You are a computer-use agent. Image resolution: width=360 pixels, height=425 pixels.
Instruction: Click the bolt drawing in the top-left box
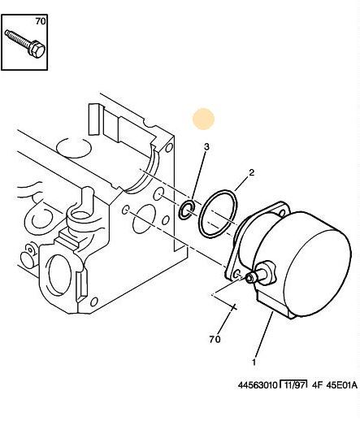tap(25, 44)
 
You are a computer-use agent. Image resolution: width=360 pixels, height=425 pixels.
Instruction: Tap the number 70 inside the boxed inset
tap(41, 21)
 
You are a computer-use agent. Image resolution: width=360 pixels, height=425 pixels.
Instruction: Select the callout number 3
tap(206, 147)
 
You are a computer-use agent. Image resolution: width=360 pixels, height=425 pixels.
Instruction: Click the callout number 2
tap(252, 172)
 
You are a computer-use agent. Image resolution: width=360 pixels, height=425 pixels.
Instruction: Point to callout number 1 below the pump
tap(254, 362)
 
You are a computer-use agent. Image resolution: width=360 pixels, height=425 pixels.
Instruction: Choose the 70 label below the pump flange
tap(215, 339)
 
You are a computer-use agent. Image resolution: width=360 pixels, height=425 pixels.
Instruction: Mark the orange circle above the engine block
tap(204, 119)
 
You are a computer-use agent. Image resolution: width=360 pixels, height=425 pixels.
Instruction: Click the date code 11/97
tap(293, 385)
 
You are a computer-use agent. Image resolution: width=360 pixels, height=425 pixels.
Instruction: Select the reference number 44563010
tap(258, 385)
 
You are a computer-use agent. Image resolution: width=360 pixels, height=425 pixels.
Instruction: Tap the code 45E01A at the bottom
tap(341, 385)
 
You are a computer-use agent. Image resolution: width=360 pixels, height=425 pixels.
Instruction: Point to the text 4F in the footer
tap(317, 385)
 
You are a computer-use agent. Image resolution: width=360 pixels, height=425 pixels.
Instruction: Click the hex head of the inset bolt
tap(37, 50)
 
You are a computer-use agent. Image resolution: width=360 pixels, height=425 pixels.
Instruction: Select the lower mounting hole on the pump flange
tap(237, 274)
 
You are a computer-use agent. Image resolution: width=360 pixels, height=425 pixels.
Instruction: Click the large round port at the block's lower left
tap(59, 275)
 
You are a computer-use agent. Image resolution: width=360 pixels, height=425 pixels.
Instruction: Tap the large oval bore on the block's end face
tap(143, 219)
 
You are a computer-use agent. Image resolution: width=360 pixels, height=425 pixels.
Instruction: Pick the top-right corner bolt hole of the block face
tap(168, 147)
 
